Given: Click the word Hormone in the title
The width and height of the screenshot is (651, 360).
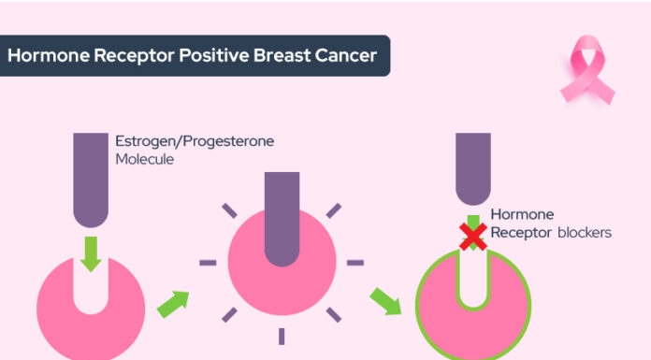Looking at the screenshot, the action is pos(41,55).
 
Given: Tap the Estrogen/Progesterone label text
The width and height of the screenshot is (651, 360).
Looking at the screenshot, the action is pos(195,142).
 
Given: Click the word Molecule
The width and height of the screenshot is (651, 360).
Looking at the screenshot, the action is pos(145,160).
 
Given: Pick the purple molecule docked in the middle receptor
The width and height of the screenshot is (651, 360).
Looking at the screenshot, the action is pos(282,215).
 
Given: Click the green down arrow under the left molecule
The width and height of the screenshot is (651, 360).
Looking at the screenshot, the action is pos(91,253).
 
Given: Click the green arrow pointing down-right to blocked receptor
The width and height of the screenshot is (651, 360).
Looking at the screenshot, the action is pos(384,301).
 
